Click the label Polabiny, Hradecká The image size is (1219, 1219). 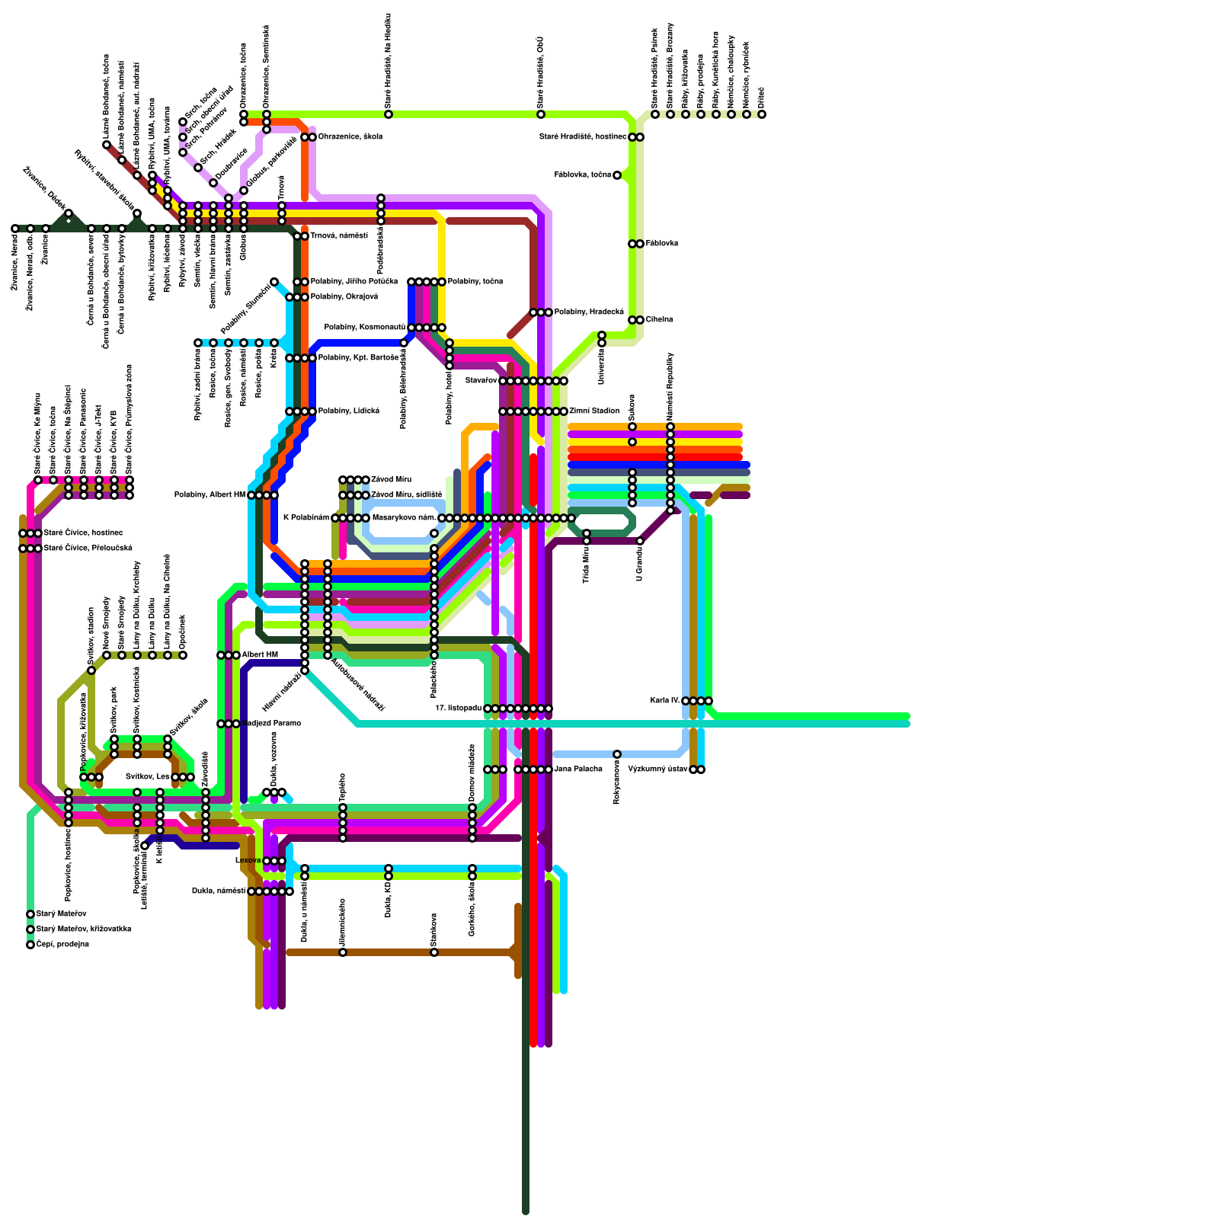(x=588, y=312)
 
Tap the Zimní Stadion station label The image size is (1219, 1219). (x=594, y=411)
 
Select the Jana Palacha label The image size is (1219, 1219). (x=578, y=769)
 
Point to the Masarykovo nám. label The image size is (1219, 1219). (x=404, y=518)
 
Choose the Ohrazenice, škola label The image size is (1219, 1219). (x=350, y=137)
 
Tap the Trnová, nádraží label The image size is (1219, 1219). (x=338, y=236)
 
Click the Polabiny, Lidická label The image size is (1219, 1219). (x=348, y=411)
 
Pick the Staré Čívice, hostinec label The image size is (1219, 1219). (x=82, y=533)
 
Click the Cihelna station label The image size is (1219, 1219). (x=659, y=320)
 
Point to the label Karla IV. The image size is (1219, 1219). (x=665, y=701)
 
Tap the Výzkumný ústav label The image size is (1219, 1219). (x=657, y=769)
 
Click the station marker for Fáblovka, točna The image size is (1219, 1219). (x=617, y=175)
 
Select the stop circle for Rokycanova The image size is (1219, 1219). (x=617, y=754)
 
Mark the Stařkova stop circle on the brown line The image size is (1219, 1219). (x=434, y=952)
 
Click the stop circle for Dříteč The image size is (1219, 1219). (x=762, y=114)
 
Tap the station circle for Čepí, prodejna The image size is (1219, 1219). (x=30, y=945)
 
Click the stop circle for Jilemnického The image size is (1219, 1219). (x=343, y=952)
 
